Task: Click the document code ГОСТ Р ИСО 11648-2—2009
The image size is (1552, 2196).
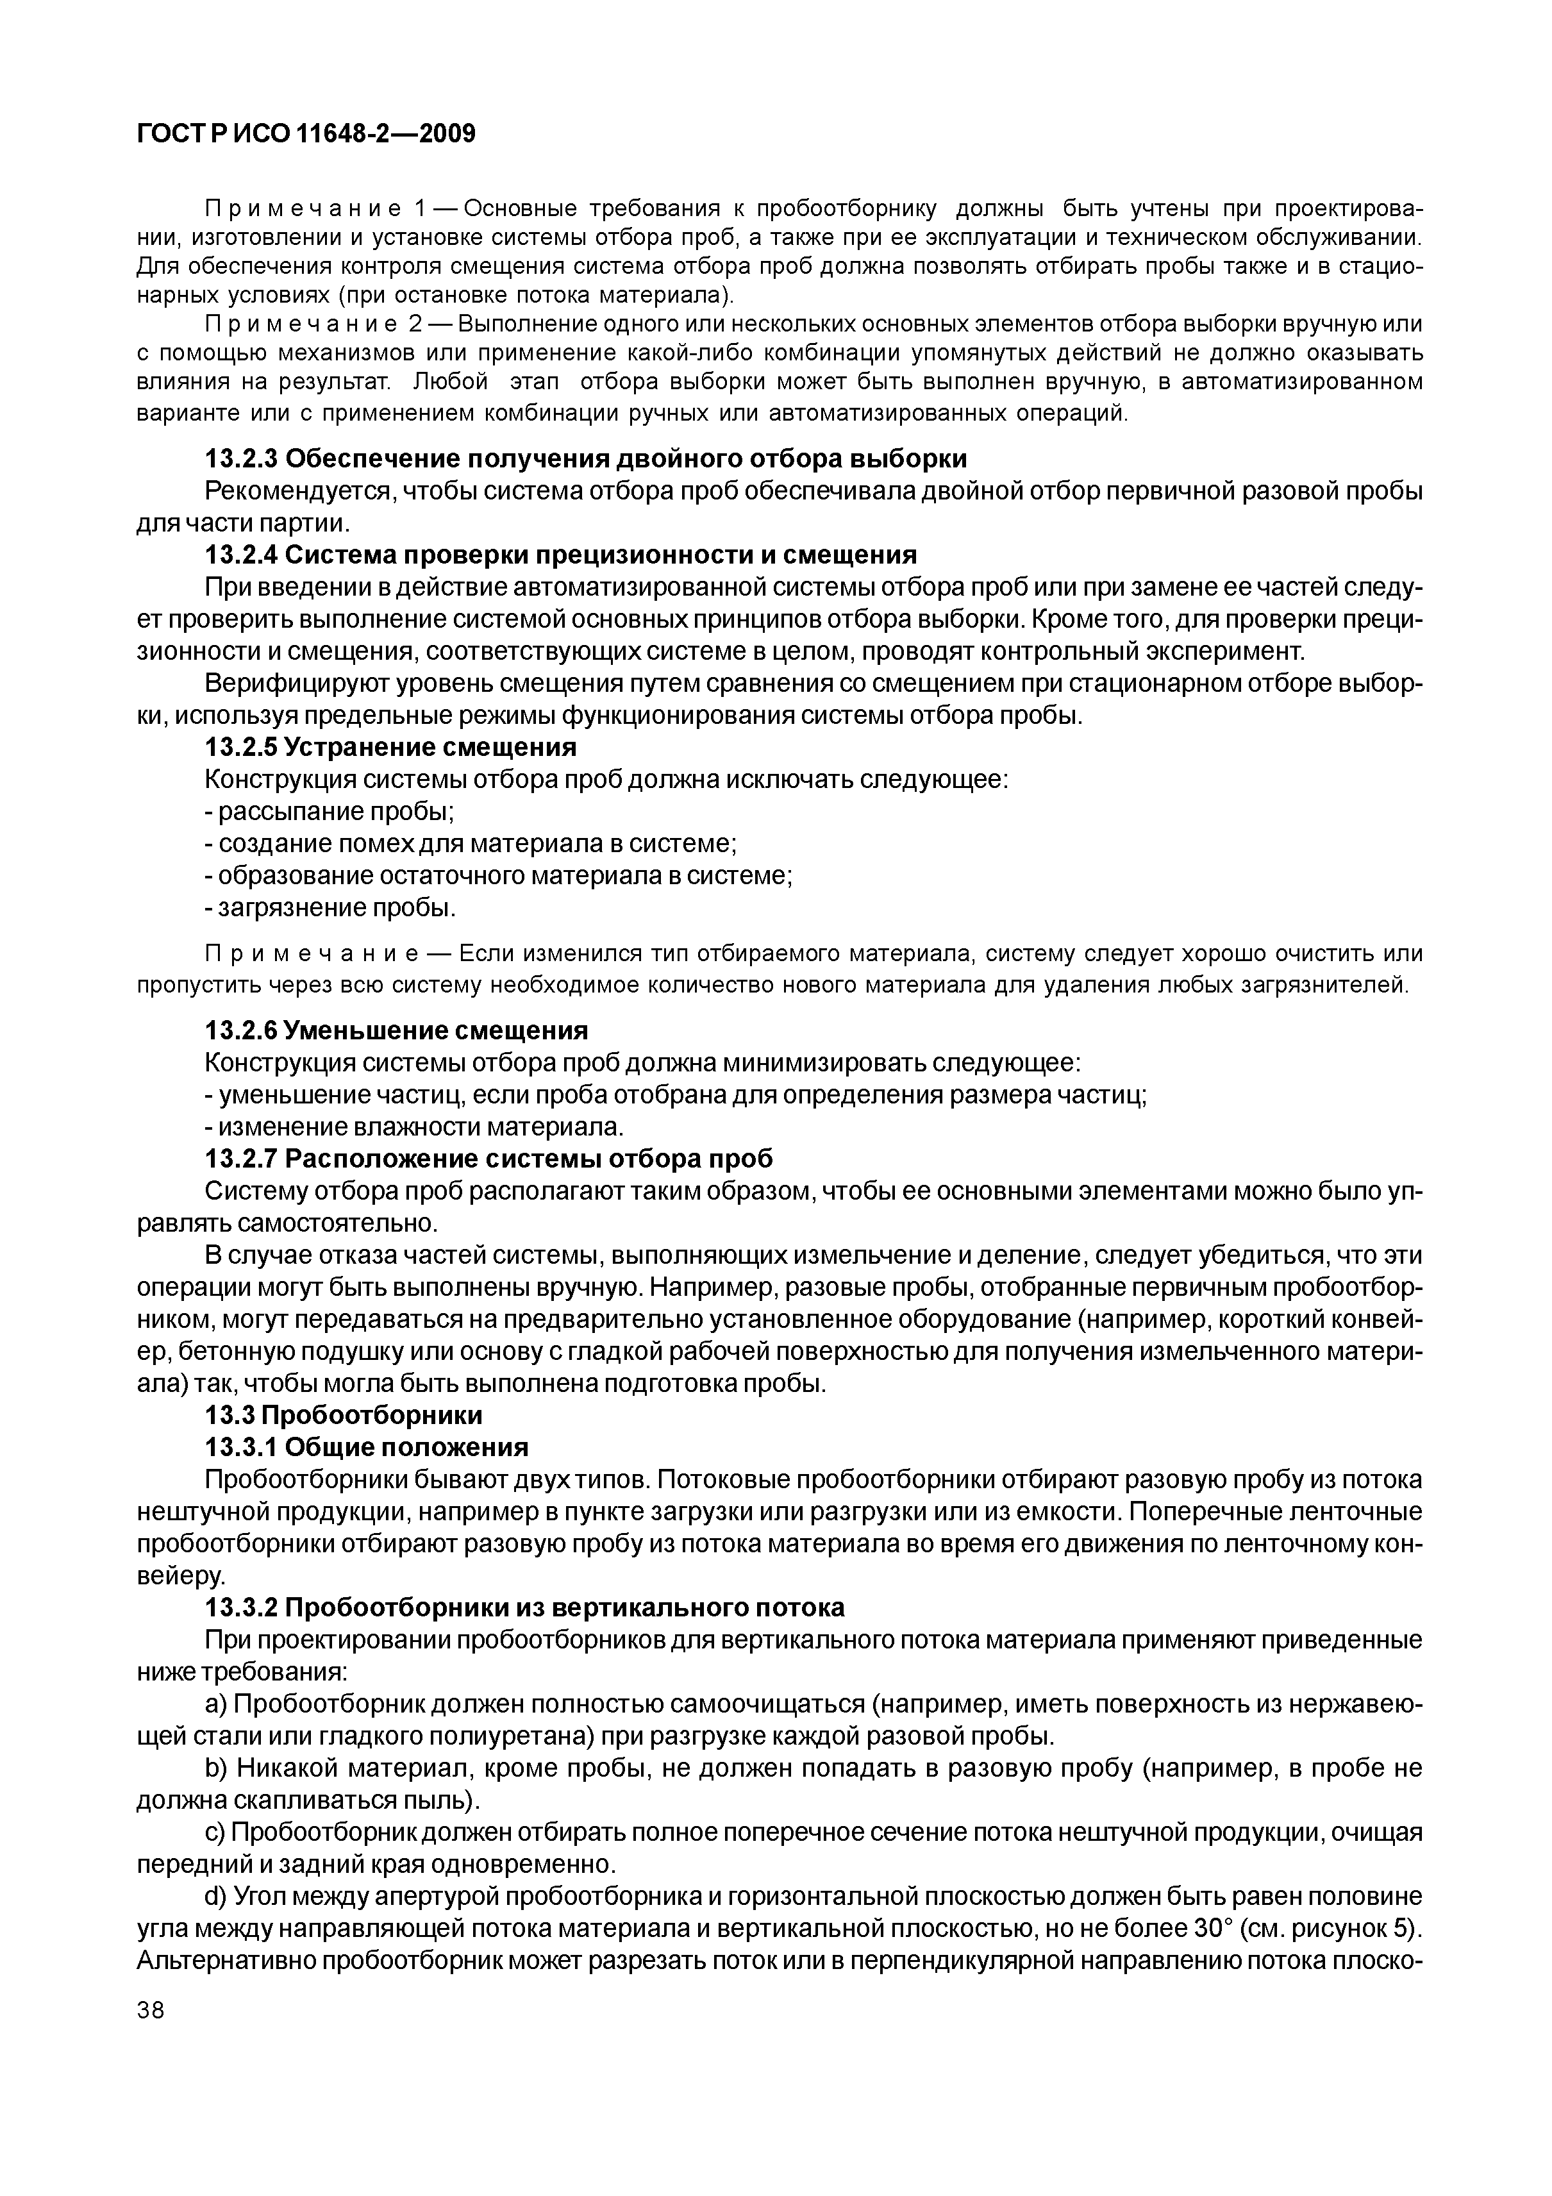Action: pyautogui.click(x=306, y=133)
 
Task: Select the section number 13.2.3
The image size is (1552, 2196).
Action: pyautogui.click(x=241, y=459)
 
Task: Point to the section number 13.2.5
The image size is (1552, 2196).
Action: pyautogui.click(x=241, y=746)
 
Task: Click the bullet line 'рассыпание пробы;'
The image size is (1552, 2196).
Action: pyautogui.click(x=330, y=811)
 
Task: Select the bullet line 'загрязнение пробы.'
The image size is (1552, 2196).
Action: pyautogui.click(x=331, y=907)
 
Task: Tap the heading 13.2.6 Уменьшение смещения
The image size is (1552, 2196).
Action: pyautogui.click(x=397, y=1030)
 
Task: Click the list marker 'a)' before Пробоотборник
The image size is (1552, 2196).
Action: pyautogui.click(x=216, y=1704)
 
